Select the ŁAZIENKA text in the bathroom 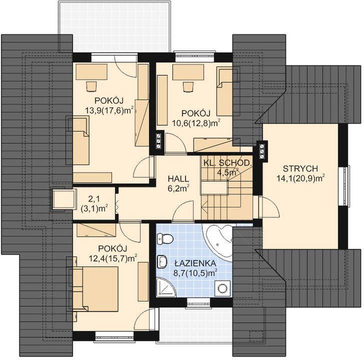coord(195,263)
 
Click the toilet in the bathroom coord(165,239)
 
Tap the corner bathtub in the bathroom coord(218,241)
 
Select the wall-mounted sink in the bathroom coord(162,261)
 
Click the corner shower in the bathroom coord(165,287)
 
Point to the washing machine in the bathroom coord(223,288)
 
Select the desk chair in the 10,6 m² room coord(188,87)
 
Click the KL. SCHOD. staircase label coord(227,162)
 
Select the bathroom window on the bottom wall coord(198,302)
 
